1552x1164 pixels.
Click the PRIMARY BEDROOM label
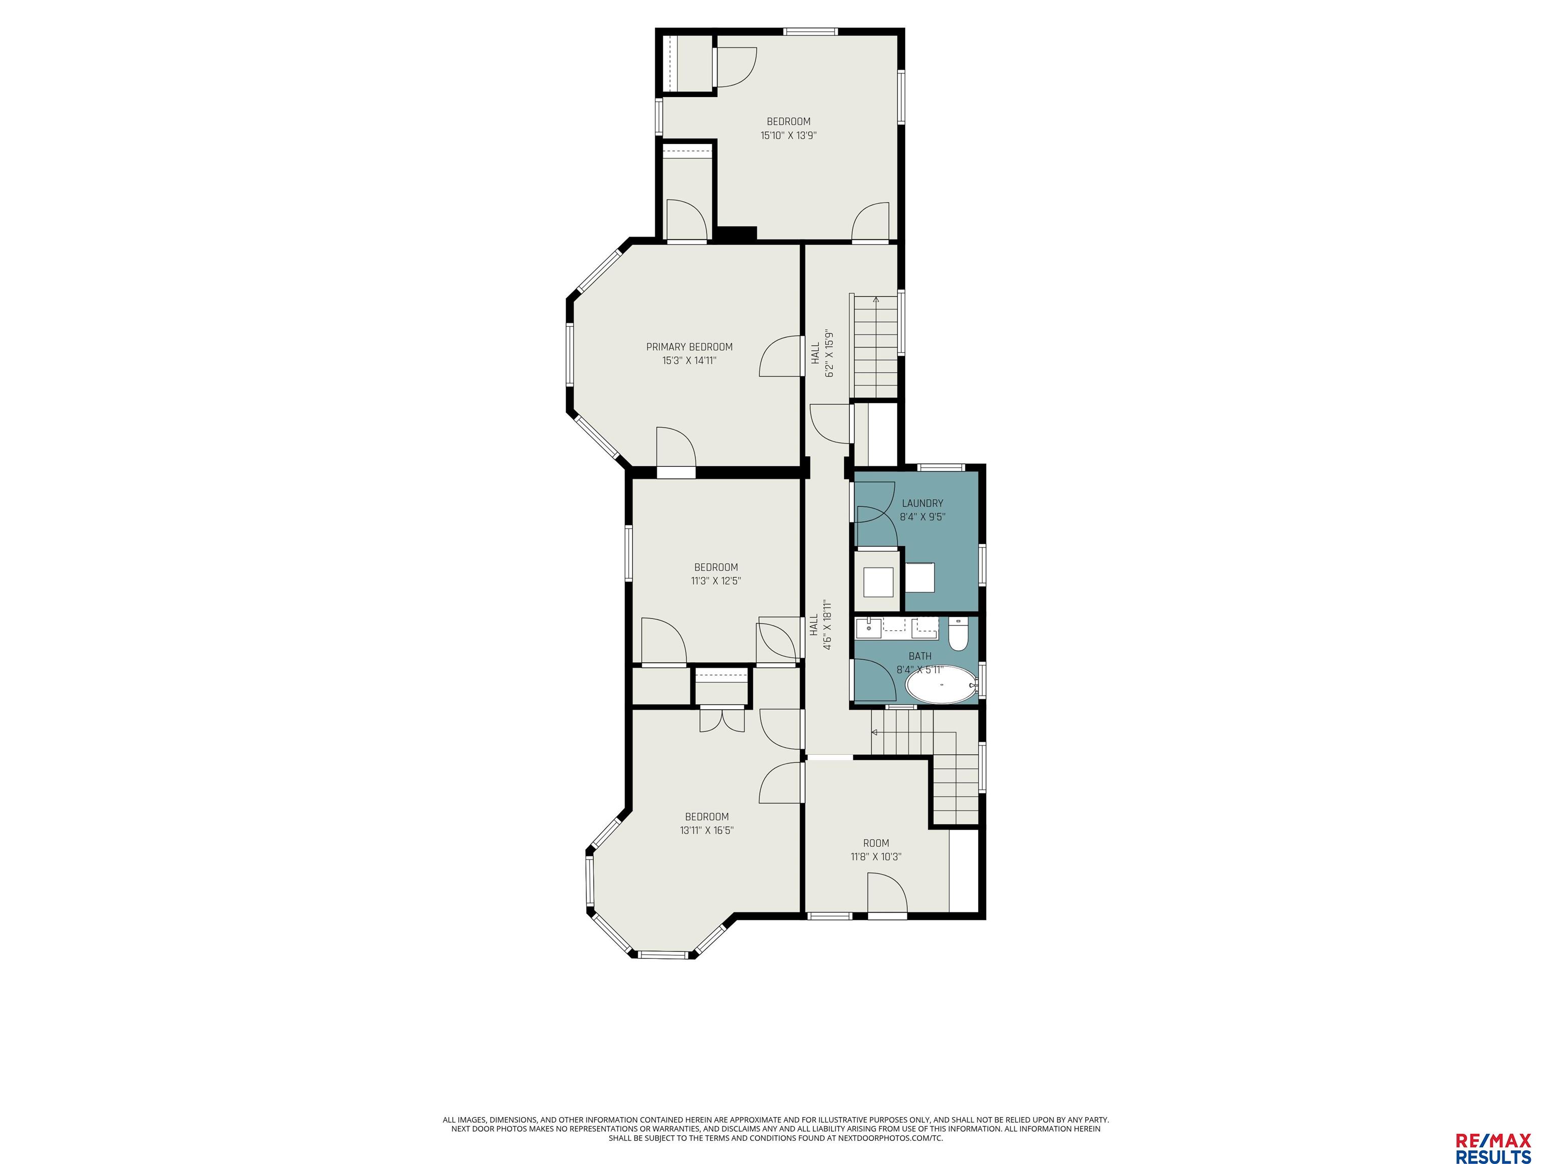(689, 347)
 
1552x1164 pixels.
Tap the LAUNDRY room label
(922, 503)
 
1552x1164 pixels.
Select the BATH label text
(920, 656)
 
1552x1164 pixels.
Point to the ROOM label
(876, 843)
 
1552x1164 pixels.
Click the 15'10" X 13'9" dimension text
(789, 135)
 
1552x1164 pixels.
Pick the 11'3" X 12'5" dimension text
(716, 580)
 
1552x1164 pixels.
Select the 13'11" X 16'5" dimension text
(707, 830)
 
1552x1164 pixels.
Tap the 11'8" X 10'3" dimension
(876, 856)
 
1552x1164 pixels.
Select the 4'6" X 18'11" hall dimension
(827, 625)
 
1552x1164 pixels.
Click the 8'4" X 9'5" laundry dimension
(922, 516)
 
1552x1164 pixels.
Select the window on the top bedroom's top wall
(810, 31)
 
